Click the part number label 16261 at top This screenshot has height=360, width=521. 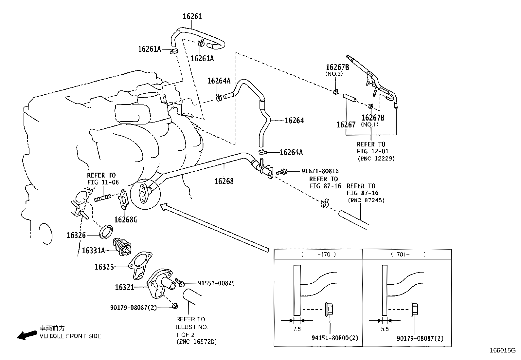(192, 16)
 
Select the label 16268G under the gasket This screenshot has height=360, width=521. (125, 219)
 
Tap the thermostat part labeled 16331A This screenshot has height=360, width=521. (122, 247)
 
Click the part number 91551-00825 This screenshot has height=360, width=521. (216, 283)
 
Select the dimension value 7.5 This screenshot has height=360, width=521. (297, 329)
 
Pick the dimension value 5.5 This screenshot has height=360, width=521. (385, 329)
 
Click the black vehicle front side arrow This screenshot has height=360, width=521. (27, 334)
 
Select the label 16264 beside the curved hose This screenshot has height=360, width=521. (294, 121)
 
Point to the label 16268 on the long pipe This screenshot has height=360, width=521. (224, 181)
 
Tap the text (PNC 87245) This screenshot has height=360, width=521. (366, 200)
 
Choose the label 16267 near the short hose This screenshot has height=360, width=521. (346, 124)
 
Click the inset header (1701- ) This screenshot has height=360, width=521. (407, 254)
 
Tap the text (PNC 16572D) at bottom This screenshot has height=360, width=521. (196, 342)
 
